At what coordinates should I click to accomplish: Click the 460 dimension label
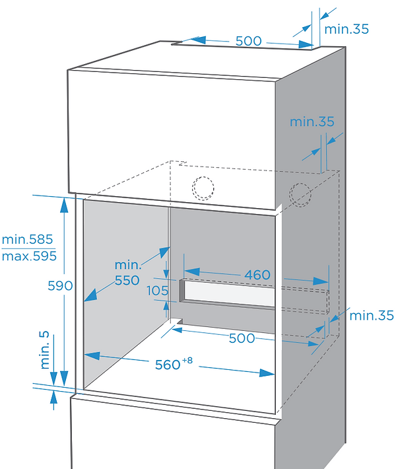257,275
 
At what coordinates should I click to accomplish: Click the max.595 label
28,255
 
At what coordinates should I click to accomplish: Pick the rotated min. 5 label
44,350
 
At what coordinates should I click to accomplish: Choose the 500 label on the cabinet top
249,40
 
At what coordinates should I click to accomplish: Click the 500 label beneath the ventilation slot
242,338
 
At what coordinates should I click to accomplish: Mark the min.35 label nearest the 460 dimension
372,315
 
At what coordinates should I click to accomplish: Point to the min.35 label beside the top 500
346,28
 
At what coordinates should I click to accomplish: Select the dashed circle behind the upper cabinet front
203,187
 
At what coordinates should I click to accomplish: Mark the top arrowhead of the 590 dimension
63,203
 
